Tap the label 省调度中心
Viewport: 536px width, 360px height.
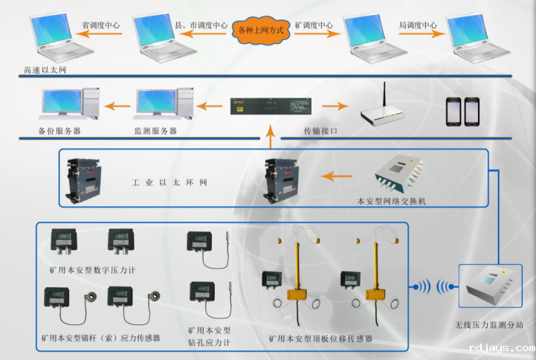(101, 25)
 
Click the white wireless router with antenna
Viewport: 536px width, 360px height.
(384, 109)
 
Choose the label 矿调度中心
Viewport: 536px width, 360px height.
(314, 25)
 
